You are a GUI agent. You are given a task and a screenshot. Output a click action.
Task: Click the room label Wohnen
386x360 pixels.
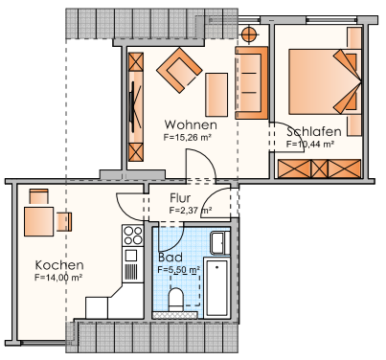[190, 125]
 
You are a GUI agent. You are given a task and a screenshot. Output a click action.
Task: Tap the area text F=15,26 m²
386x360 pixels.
[188, 138]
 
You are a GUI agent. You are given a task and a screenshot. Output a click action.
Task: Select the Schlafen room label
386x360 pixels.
[313, 131]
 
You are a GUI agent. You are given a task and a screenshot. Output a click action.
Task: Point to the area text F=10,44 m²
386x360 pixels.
[309, 144]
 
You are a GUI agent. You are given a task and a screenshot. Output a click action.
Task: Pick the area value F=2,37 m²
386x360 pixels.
[190, 210]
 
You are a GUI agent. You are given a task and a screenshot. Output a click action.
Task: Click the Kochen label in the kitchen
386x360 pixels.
[59, 265]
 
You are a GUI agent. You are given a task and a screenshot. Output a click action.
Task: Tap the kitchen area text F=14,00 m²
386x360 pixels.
[57, 278]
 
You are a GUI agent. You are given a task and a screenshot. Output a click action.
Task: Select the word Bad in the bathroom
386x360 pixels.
[168, 258]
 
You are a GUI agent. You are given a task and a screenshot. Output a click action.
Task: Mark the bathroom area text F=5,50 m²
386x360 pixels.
[178, 271]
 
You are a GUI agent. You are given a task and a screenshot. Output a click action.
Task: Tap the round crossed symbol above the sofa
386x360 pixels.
[249, 34]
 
